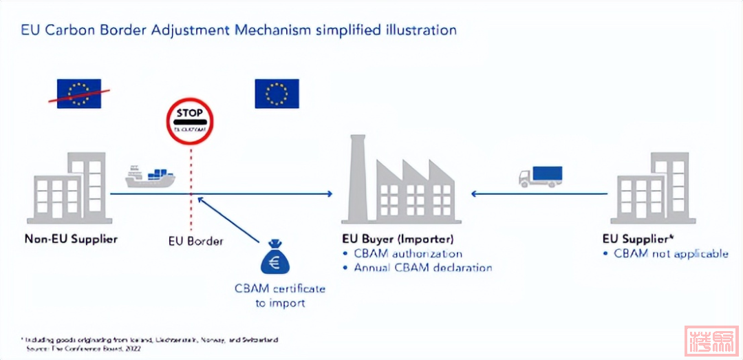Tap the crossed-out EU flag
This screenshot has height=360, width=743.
tap(78, 94)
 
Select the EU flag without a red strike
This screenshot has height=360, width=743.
tap(277, 94)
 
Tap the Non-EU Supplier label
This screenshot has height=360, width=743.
tap(71, 240)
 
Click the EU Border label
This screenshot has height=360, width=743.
tap(196, 241)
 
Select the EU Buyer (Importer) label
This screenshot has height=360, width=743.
tap(398, 240)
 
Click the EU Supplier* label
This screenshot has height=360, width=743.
tap(636, 240)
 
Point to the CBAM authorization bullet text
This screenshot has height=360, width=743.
tap(408, 253)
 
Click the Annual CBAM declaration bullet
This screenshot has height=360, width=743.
tap(422, 267)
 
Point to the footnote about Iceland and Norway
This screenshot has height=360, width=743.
tap(151, 341)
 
